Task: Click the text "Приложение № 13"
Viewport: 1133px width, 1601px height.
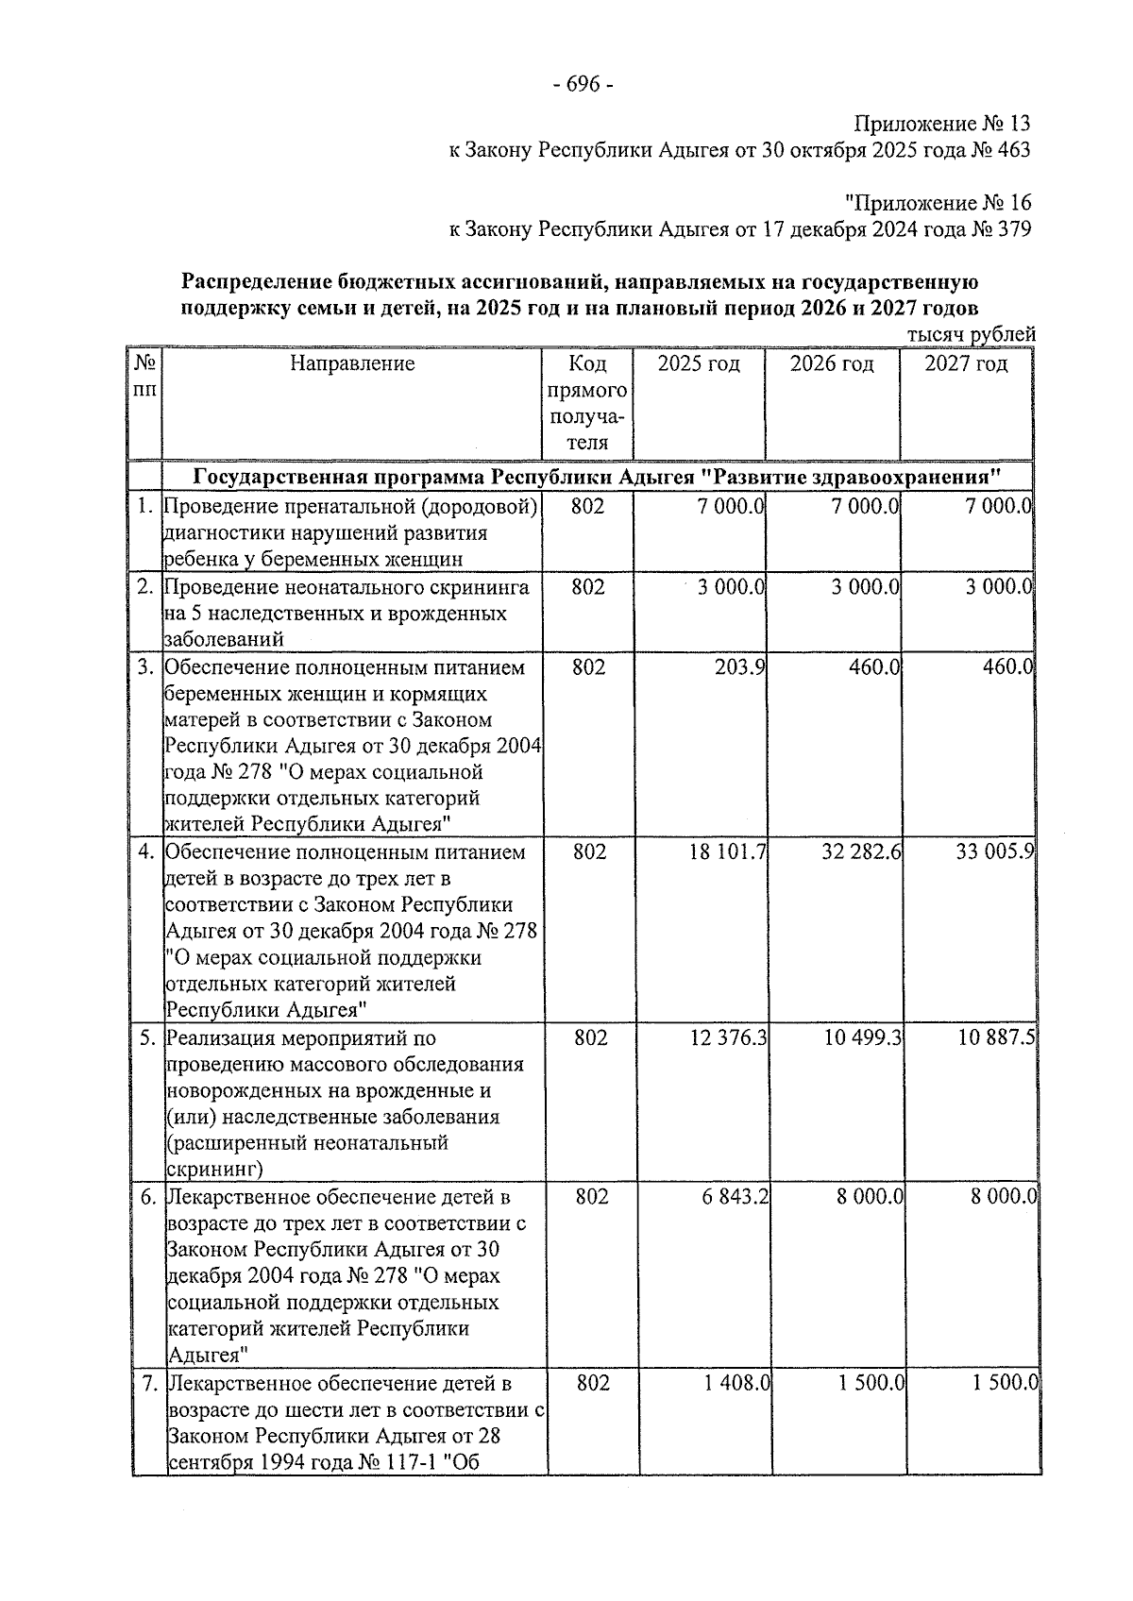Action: click(941, 124)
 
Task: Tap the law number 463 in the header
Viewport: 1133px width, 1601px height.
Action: click(1013, 149)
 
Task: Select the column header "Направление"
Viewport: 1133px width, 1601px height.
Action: click(352, 363)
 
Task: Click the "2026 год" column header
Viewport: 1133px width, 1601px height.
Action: click(831, 363)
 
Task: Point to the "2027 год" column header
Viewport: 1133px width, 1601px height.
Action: click(965, 363)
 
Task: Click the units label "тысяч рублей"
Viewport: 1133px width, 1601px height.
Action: click(971, 335)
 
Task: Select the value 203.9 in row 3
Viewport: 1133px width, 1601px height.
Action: click(741, 667)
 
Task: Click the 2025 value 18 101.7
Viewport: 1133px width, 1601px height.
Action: click(728, 852)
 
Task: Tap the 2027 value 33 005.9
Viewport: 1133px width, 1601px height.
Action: click(995, 852)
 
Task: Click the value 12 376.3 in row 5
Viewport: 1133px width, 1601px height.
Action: click(729, 1038)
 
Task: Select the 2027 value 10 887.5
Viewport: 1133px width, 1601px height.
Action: click(996, 1038)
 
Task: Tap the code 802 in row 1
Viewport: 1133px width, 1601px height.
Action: click(587, 507)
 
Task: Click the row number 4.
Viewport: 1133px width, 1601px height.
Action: click(145, 852)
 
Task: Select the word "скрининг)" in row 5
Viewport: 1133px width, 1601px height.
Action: click(213, 1169)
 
